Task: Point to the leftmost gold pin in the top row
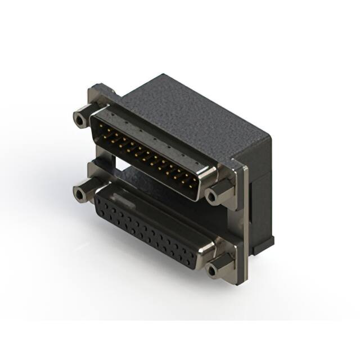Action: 103,127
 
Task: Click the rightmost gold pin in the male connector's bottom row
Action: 193,183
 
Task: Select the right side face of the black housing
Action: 260,186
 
